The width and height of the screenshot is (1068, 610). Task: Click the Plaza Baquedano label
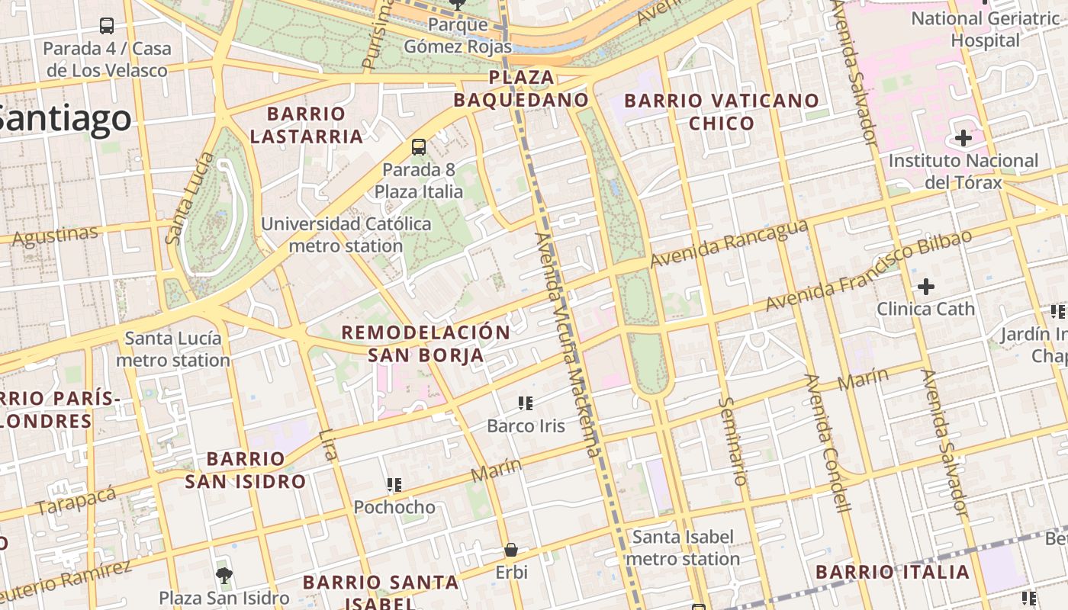point(521,88)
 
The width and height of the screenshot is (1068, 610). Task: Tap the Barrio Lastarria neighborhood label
point(307,125)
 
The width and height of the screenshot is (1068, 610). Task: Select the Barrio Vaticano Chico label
point(722,111)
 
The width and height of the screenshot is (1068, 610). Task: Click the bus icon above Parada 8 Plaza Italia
point(418,147)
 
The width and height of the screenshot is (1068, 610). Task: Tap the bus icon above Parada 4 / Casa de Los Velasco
point(107,26)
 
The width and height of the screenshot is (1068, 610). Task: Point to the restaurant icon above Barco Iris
point(525,403)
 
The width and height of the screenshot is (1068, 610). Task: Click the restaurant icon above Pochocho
point(394,484)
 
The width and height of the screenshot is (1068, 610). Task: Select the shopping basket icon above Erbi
point(511,550)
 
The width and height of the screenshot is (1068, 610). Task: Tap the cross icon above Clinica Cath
point(925,287)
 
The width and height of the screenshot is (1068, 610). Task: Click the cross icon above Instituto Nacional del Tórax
point(963,139)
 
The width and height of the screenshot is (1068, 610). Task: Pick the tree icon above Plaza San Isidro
point(224,575)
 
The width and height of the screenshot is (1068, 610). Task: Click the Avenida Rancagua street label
point(729,243)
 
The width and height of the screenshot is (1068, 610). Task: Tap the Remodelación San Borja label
point(426,343)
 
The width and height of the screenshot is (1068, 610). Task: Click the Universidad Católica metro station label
point(346,235)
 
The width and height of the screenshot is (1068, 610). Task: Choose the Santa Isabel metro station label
point(683,547)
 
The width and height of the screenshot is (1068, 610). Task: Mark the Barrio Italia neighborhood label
point(893,572)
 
